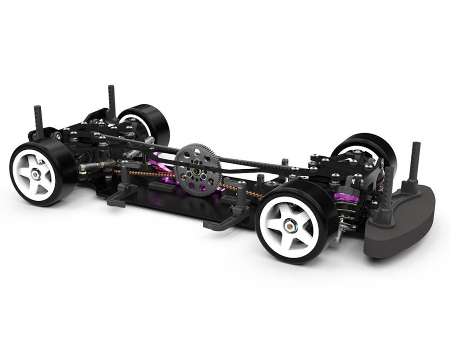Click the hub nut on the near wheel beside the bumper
point(288,226)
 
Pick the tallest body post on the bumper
point(416,162)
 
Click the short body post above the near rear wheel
point(38,121)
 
